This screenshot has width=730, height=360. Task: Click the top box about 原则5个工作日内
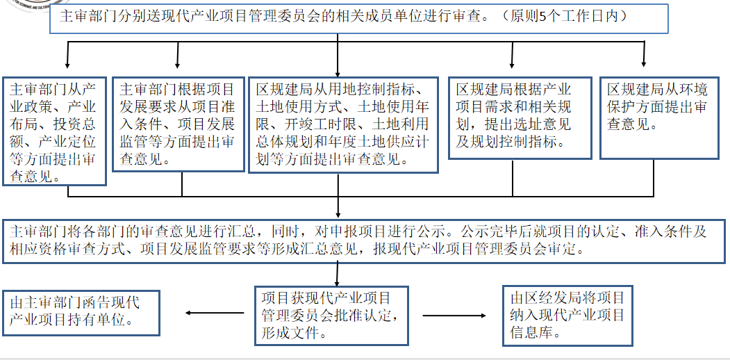point(358,17)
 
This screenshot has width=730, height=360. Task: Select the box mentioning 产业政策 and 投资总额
point(54,131)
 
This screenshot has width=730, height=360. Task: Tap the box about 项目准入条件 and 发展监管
point(178,124)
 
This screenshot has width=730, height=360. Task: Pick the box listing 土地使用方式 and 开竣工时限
point(343,124)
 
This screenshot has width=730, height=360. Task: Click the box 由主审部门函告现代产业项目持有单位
point(81,311)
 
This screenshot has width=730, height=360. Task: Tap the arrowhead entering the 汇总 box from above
point(338,213)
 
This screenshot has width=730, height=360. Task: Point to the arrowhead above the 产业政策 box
point(67,64)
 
